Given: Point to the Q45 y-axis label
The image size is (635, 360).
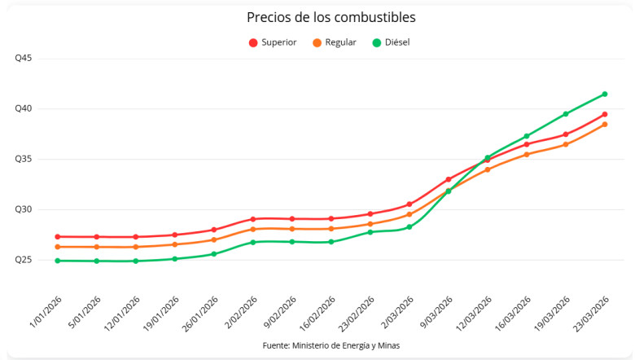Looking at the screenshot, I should (23, 59).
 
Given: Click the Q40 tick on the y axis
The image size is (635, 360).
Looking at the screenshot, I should (23, 109).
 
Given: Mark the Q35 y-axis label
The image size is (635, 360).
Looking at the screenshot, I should (23, 160).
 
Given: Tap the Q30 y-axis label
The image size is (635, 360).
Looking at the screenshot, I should (23, 209).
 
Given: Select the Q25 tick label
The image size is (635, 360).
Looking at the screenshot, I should (23, 260).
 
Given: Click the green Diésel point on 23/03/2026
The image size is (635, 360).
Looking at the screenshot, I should (605, 94).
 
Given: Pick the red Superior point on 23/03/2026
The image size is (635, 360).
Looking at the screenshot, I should (605, 114).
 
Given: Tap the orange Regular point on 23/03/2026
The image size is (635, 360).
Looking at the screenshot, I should (605, 124).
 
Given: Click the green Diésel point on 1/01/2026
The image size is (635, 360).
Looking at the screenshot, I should (58, 261).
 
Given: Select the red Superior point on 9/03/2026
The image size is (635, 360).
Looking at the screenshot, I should (449, 179).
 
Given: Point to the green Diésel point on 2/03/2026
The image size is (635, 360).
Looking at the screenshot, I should (409, 226).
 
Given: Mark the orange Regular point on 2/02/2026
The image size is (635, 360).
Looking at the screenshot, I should (253, 229).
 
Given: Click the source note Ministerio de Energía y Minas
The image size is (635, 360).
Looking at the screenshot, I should (331, 345).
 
